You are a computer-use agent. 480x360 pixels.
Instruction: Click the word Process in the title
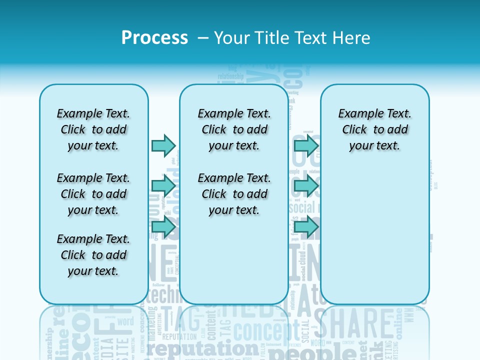click(154, 38)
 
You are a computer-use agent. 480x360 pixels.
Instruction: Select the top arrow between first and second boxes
click(163, 145)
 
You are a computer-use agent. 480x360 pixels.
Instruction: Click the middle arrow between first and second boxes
click(163, 186)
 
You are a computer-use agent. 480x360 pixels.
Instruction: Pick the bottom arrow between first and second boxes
click(163, 227)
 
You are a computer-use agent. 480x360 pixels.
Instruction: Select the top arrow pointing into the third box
click(306, 145)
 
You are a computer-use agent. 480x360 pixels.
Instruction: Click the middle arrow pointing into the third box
click(306, 186)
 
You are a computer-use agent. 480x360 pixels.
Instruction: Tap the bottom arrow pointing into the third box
click(306, 227)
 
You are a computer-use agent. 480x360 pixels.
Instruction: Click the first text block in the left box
click(93, 129)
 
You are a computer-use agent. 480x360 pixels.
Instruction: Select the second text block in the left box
click(93, 194)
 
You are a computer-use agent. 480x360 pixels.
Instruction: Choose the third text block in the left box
click(93, 255)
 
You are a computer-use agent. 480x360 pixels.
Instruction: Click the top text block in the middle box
click(234, 129)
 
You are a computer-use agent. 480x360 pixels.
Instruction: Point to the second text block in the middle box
click(234, 194)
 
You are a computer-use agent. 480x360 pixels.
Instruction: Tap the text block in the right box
click(374, 129)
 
